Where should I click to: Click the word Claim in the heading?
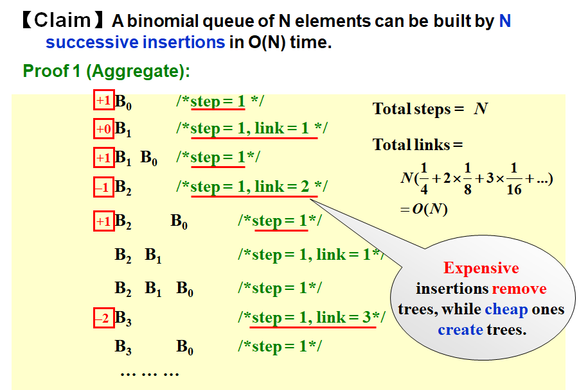point(62,21)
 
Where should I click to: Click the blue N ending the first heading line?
point(504,21)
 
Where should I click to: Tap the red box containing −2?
point(103,318)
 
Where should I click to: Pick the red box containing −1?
point(103,187)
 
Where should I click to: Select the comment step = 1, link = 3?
point(313,318)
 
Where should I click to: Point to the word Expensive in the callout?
point(481,268)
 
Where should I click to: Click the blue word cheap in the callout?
point(506,309)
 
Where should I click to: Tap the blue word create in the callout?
point(460,330)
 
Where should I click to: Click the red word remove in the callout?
point(519,289)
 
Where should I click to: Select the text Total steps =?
point(418,109)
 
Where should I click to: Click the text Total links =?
point(418,145)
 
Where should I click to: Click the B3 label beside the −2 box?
point(123,318)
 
